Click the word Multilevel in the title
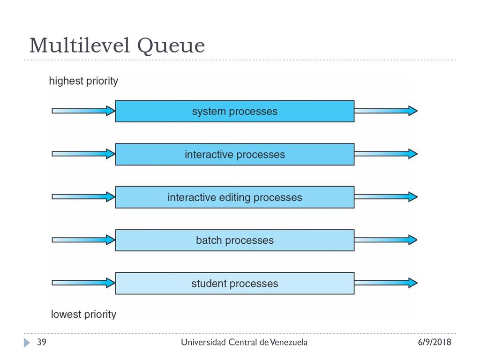point(80,45)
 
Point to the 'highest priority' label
point(83,81)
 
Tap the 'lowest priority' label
point(83,315)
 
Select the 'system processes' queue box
point(235,111)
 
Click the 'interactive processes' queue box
point(235,154)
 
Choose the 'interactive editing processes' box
point(235,197)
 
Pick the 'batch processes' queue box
point(235,240)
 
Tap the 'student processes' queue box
point(235,283)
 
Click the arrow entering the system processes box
point(83,111)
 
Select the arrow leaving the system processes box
point(386,111)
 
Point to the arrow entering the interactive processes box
point(83,154)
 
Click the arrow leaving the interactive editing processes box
point(386,197)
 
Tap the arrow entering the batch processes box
point(83,240)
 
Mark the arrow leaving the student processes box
point(386,283)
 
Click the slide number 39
point(42,342)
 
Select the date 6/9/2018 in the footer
point(435,342)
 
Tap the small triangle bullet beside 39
point(27,343)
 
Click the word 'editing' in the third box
point(235,198)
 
